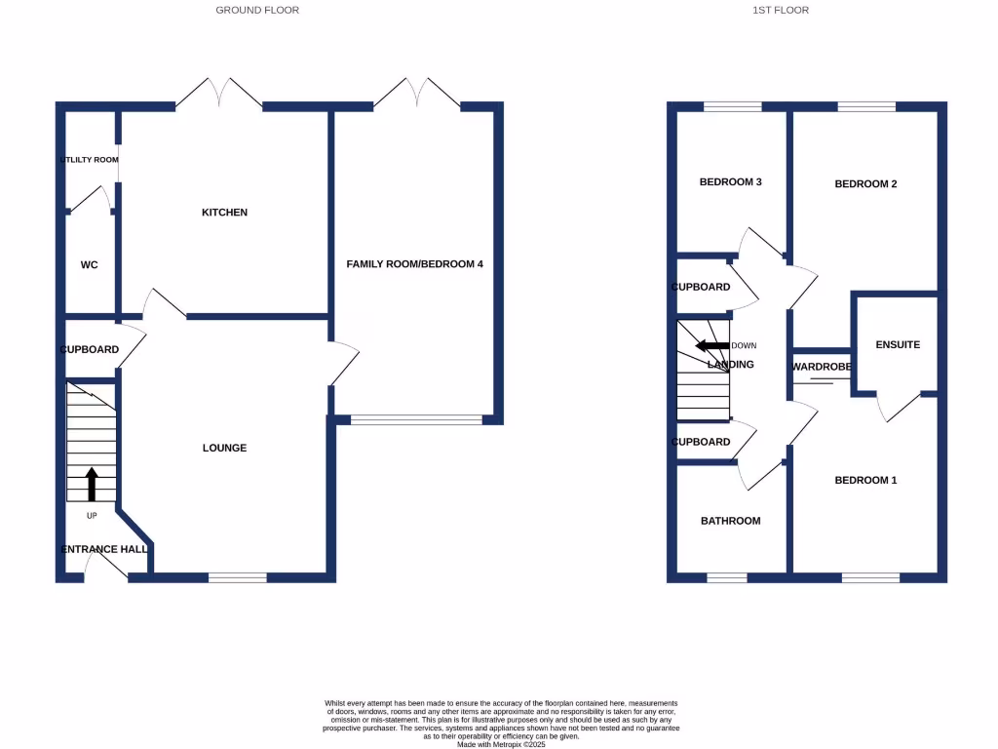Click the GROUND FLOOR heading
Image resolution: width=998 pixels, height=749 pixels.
coord(257,10)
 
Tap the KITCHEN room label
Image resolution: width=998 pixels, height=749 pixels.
coord(224,213)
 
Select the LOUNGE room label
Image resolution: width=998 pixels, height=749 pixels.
coord(224,448)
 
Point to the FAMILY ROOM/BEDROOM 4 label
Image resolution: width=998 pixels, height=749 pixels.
coord(415,264)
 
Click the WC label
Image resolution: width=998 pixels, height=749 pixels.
coord(89,264)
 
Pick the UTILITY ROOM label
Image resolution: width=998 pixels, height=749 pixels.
coord(90,160)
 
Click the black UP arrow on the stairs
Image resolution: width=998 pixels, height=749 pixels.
coord(93,484)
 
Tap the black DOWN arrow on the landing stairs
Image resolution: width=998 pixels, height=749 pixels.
coord(711,345)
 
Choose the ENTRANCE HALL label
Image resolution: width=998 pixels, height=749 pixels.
coord(104,549)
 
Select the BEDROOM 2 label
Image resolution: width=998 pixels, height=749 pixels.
coord(865,183)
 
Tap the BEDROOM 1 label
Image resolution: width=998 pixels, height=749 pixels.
coord(865,480)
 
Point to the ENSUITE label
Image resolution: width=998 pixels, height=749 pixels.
coord(898,344)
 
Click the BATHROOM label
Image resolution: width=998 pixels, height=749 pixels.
coord(730,521)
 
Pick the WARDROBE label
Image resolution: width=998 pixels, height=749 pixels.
coord(822,367)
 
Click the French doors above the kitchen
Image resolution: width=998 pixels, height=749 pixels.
coord(219,94)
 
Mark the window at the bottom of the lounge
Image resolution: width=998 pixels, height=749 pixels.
coord(237,577)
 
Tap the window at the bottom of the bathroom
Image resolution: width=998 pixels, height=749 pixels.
coord(726,577)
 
